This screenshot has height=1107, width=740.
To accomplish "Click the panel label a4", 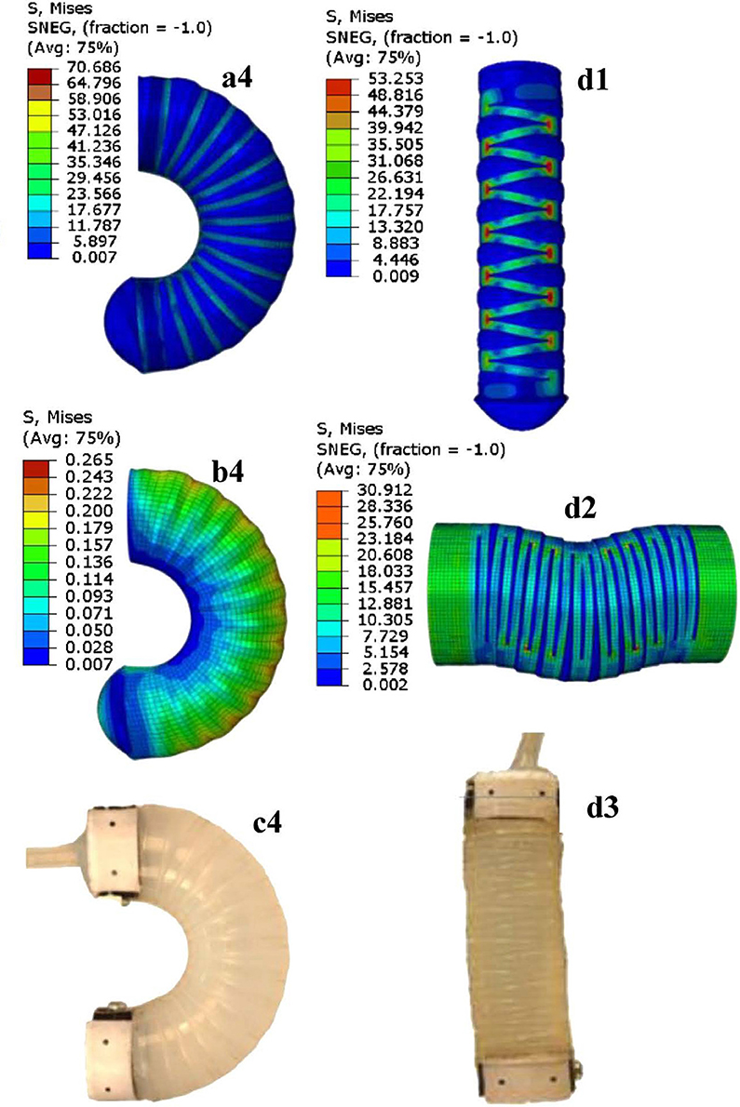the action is coord(236,79).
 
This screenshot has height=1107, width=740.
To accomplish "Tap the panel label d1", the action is coord(592,81).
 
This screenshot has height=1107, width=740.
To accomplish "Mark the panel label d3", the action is coord(602,807).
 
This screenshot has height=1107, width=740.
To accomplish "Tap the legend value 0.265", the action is coord(89,460).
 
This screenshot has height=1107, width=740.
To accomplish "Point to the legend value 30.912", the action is coord(384,490).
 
